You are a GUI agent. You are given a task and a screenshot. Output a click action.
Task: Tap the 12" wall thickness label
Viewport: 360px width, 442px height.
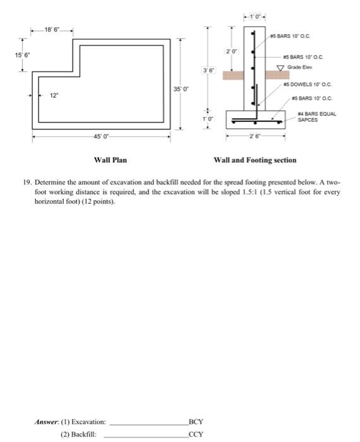coord(54,96)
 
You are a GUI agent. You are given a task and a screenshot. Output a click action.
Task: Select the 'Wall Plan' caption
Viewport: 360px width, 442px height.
coord(110,160)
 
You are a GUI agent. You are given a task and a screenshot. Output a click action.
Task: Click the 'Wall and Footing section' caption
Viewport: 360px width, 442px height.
coord(255,160)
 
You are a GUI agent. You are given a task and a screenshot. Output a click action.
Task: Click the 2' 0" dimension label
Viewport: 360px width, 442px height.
coord(232,49)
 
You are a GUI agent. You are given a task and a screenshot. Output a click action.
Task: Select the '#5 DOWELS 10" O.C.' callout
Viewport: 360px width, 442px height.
coord(308,83)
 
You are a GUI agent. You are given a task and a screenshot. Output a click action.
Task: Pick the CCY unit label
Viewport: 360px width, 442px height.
coord(196,434)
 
